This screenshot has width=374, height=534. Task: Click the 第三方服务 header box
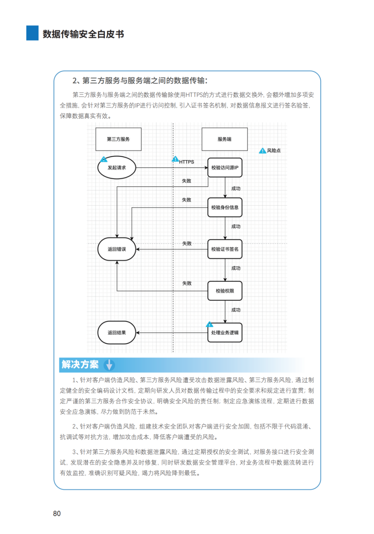(x=118, y=139)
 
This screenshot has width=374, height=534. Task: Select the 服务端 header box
(x=224, y=139)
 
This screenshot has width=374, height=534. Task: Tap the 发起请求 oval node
(x=117, y=168)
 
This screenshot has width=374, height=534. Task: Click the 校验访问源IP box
(x=225, y=168)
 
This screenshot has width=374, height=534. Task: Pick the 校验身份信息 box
(x=225, y=207)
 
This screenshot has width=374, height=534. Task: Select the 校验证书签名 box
(x=225, y=249)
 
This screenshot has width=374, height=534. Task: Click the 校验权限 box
(x=225, y=291)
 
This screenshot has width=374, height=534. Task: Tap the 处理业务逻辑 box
(x=225, y=332)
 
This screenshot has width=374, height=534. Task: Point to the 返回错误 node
(x=117, y=249)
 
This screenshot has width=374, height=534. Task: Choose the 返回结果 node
(x=117, y=332)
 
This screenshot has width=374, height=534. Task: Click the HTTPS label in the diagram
(x=187, y=162)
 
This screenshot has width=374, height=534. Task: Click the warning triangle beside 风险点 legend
(x=262, y=151)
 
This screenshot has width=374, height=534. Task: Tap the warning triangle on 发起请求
(x=104, y=159)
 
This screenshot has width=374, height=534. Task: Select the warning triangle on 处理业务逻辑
(x=210, y=324)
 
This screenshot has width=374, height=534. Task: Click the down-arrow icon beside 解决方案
(x=109, y=365)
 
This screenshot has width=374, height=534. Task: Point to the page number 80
(x=57, y=514)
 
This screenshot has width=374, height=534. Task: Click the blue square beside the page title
(x=33, y=33)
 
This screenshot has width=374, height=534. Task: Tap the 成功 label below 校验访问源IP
(x=236, y=188)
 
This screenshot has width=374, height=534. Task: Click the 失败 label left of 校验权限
(x=187, y=283)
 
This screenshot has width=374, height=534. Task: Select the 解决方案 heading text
(x=80, y=365)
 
